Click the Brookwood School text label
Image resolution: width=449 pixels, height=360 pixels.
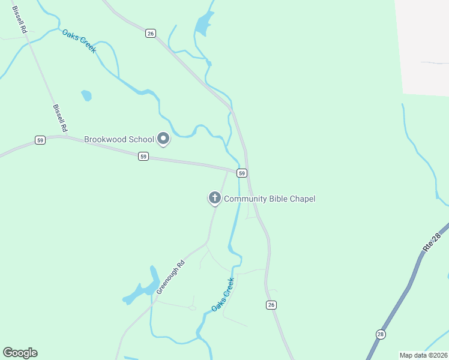click(x=119, y=139)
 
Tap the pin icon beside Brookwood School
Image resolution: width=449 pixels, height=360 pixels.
click(x=163, y=139)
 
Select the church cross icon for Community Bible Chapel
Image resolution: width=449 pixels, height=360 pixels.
click(x=214, y=198)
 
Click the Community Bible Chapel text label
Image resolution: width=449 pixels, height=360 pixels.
click(x=270, y=199)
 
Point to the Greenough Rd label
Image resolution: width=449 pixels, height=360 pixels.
click(x=170, y=276)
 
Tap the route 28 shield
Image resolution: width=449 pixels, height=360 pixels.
click(x=381, y=334)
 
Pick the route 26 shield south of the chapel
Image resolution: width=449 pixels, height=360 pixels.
click(x=271, y=305)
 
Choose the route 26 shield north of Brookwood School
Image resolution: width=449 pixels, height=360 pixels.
click(x=151, y=34)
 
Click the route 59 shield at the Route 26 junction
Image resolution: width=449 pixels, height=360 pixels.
click(x=241, y=173)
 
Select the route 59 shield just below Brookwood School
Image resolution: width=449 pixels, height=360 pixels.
click(x=143, y=156)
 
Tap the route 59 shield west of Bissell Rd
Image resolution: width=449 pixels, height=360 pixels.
click(x=40, y=140)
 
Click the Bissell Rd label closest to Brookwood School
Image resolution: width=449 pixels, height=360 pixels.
click(x=59, y=118)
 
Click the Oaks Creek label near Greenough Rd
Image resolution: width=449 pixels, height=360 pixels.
click(x=222, y=295)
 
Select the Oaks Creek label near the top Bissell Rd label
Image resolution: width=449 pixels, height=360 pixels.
click(x=79, y=40)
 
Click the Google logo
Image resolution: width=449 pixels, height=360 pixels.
click(x=20, y=353)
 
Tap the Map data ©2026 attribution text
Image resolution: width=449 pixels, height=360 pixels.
click(x=423, y=355)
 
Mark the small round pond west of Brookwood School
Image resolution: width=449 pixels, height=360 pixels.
click(x=86, y=95)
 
